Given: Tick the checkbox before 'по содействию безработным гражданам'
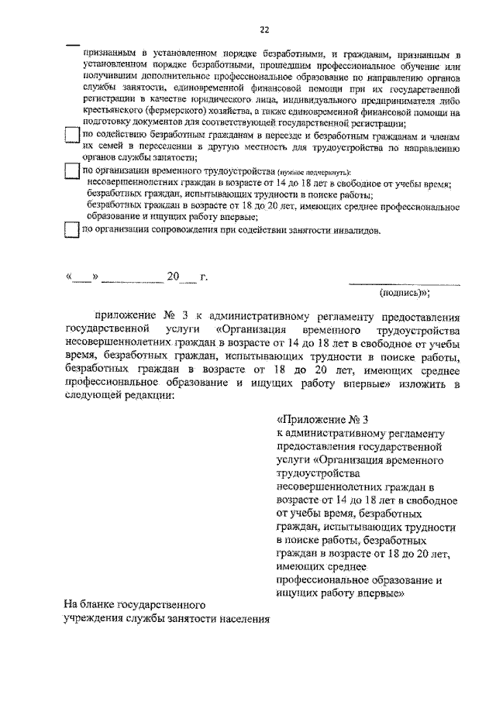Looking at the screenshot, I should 70,136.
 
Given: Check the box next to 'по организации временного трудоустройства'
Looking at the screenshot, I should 70,170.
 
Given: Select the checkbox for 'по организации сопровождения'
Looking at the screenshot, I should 70,230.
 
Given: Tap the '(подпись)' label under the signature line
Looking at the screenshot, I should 404,294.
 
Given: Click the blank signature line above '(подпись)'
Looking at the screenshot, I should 404,283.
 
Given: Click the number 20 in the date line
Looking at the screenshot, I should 172,277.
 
